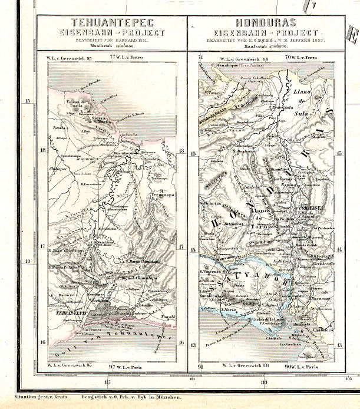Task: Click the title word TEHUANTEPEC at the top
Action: pyautogui.click(x=111, y=22)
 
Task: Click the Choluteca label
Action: pyautogui.click(x=326, y=331)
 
